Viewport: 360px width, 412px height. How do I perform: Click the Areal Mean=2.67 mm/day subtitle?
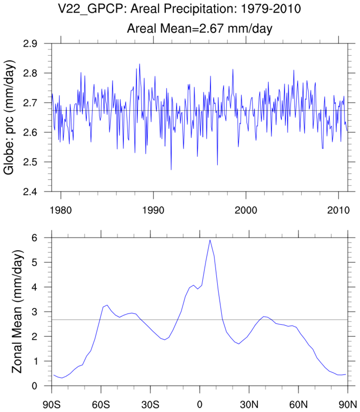tap(199, 28)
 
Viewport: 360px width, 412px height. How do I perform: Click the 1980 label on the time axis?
tap(60, 201)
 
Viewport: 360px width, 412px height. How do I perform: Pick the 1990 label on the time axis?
tap(153, 201)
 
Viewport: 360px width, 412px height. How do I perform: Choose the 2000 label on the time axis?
tap(246, 201)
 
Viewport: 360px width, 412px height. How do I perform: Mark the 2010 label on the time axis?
tap(339, 201)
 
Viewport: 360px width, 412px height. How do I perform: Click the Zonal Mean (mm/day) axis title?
tap(16, 312)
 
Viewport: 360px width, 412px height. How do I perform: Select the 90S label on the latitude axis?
tap(52, 404)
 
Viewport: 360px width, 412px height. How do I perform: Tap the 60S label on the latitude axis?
tap(101, 404)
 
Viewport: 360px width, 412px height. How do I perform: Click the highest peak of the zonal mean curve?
tap(210, 240)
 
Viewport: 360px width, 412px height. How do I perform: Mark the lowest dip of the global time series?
tap(171, 170)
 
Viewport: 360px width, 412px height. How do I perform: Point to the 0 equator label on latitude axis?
tap(199, 404)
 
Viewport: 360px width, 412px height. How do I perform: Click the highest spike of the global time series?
tap(139, 64)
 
